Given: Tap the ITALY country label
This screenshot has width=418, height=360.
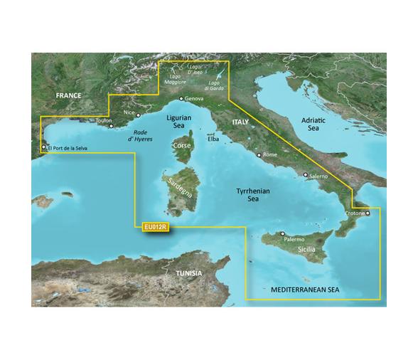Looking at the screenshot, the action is [239, 122].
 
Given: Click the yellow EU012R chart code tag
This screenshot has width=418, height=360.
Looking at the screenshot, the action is [155, 227].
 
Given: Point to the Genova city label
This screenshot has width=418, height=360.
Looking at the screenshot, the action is [195, 100].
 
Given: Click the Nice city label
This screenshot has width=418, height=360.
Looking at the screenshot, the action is [129, 112].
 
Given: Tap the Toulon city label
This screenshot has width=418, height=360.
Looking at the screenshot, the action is [104, 121].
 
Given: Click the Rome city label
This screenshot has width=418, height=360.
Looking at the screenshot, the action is [270, 154].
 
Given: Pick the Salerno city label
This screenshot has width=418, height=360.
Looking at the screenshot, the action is [318, 174].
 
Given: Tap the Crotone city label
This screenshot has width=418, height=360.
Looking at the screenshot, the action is [355, 213].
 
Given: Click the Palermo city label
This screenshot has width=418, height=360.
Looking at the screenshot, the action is [294, 240].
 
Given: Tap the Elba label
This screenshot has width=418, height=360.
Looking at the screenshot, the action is [213, 140].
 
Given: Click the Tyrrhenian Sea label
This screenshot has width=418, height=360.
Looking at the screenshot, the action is [251, 196].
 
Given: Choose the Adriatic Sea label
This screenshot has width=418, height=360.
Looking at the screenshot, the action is [310, 125].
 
